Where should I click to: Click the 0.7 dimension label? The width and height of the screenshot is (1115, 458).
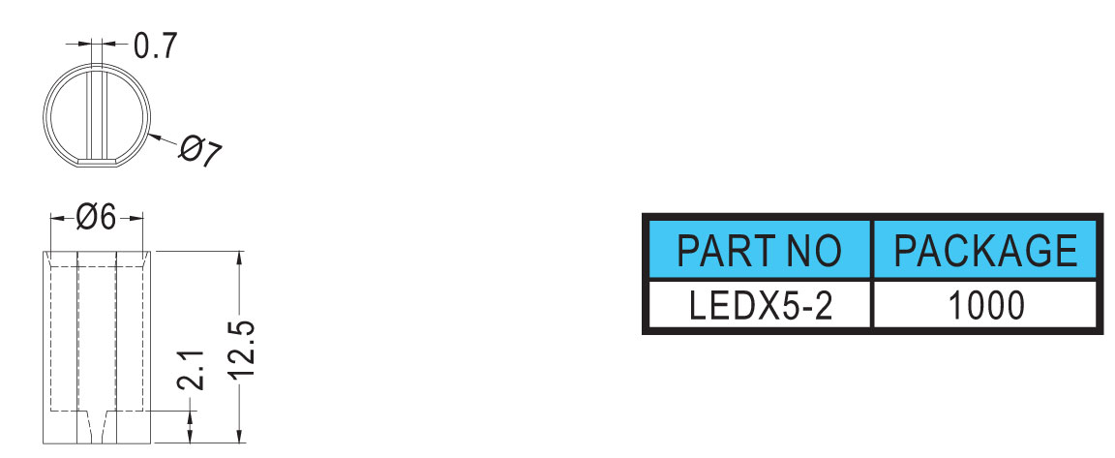pyautogui.click(x=154, y=46)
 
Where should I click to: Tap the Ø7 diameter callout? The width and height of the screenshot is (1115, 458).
pyautogui.click(x=199, y=150)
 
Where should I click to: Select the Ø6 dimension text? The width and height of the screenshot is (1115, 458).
pyautogui.click(x=96, y=218)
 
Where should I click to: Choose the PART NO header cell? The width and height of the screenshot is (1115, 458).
pyautogui.click(x=758, y=250)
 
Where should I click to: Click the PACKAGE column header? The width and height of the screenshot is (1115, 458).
pyautogui.click(x=985, y=250)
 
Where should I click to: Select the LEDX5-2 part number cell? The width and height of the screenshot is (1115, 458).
pyautogui.click(x=760, y=306)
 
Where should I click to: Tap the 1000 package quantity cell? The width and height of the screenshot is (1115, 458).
pyautogui.click(x=985, y=306)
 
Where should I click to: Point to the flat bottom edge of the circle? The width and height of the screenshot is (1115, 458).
pyautogui.click(x=97, y=165)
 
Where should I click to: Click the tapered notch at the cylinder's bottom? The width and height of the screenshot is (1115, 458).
pyautogui.click(x=97, y=426)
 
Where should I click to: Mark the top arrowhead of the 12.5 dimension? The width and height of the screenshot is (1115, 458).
pyautogui.click(x=239, y=258)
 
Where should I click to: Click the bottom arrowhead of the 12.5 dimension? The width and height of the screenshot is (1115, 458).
pyautogui.click(x=239, y=436)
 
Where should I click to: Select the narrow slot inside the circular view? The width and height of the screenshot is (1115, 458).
pyautogui.click(x=97, y=111)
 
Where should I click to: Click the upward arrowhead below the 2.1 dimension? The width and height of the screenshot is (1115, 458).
pyautogui.click(x=191, y=418)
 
